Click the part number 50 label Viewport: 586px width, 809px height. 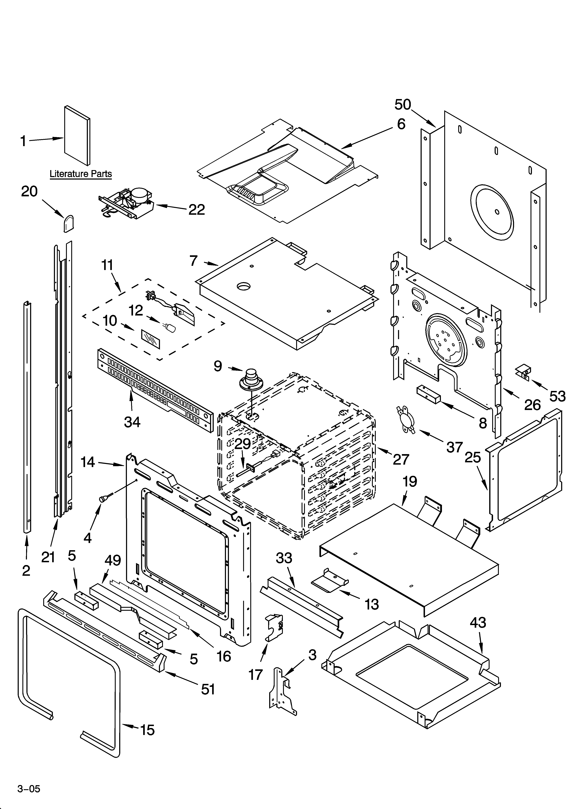coord(403,104)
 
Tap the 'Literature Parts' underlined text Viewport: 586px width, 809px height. coord(81,174)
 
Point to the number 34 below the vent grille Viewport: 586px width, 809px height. coord(132,422)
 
